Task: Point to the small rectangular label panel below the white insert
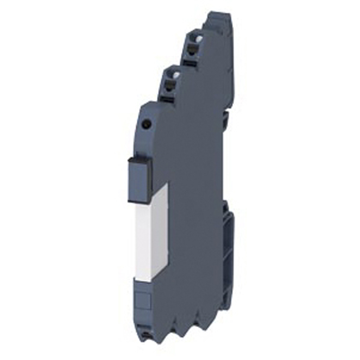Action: pyautogui.click(x=144, y=297)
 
